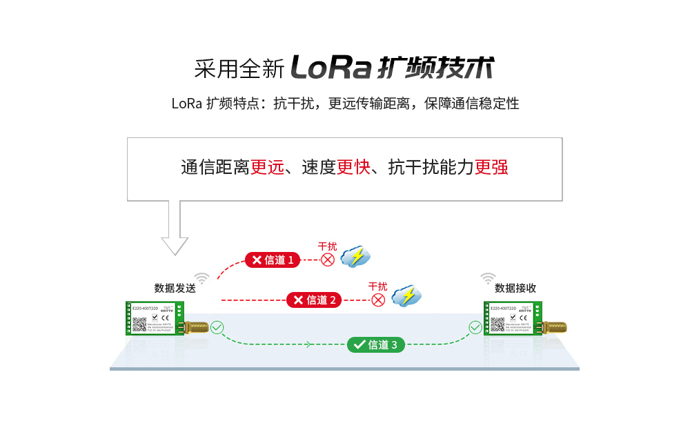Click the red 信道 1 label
(272, 260)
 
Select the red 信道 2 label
(314, 300)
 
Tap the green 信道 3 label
(375, 344)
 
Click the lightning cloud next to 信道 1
(356, 257)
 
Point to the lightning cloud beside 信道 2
(406, 296)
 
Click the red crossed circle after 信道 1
(328, 260)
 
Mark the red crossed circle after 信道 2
(378, 300)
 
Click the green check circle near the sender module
(217, 327)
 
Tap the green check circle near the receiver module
(475, 327)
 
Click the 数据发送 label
(175, 288)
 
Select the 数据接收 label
(515, 288)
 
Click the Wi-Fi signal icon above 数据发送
(201, 278)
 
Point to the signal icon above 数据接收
(488, 278)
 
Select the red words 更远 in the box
(267, 167)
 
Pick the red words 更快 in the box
(353, 167)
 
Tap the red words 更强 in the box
(491, 167)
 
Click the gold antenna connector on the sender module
(195, 327)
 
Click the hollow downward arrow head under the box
(175, 245)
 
